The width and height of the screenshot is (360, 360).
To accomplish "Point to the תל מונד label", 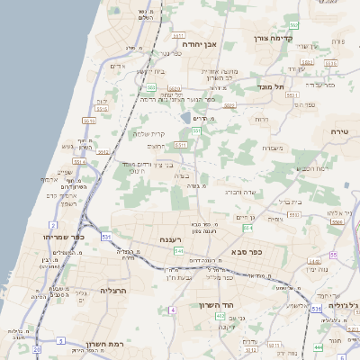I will click(271, 86).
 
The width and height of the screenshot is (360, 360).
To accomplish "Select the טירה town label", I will click(338, 131).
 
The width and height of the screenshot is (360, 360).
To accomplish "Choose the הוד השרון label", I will click(216, 305).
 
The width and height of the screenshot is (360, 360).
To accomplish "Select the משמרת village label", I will click(267, 147).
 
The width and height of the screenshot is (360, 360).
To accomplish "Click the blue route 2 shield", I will click(53, 224).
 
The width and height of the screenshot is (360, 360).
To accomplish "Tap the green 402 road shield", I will click(221, 316).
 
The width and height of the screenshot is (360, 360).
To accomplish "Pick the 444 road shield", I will click(319, 346).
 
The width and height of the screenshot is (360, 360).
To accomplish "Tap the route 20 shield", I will click(36, 348).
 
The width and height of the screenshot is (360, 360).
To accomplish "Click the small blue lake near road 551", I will click(186, 118).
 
